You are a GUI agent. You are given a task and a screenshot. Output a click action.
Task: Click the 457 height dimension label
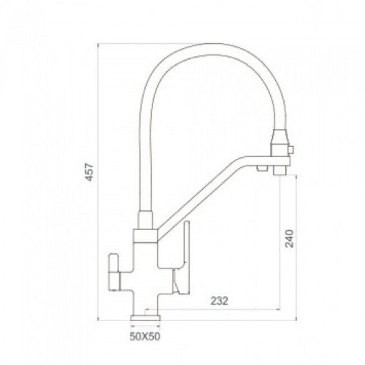pos(90,172)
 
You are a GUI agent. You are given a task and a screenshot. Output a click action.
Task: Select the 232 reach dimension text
pos(219,301)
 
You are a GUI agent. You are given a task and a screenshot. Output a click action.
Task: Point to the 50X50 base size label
pos(145,336)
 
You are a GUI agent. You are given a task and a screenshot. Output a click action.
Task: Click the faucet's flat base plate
pos(146,318)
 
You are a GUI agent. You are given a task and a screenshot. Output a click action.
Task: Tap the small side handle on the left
pos(114,272)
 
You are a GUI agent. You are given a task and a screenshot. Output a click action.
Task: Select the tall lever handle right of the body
pos(182,256)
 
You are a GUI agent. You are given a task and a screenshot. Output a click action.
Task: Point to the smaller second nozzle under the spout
pos(262,168)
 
